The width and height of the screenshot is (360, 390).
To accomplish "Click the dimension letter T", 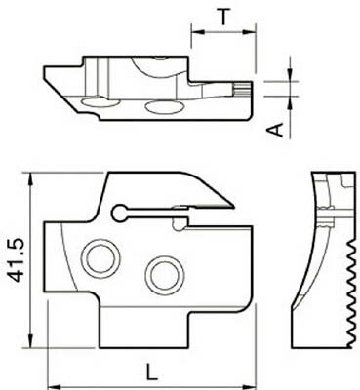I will [x=222, y=16].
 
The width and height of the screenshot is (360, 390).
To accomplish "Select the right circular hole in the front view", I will [x=164, y=274].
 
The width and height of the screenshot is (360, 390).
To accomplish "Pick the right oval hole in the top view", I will [x=157, y=107].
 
